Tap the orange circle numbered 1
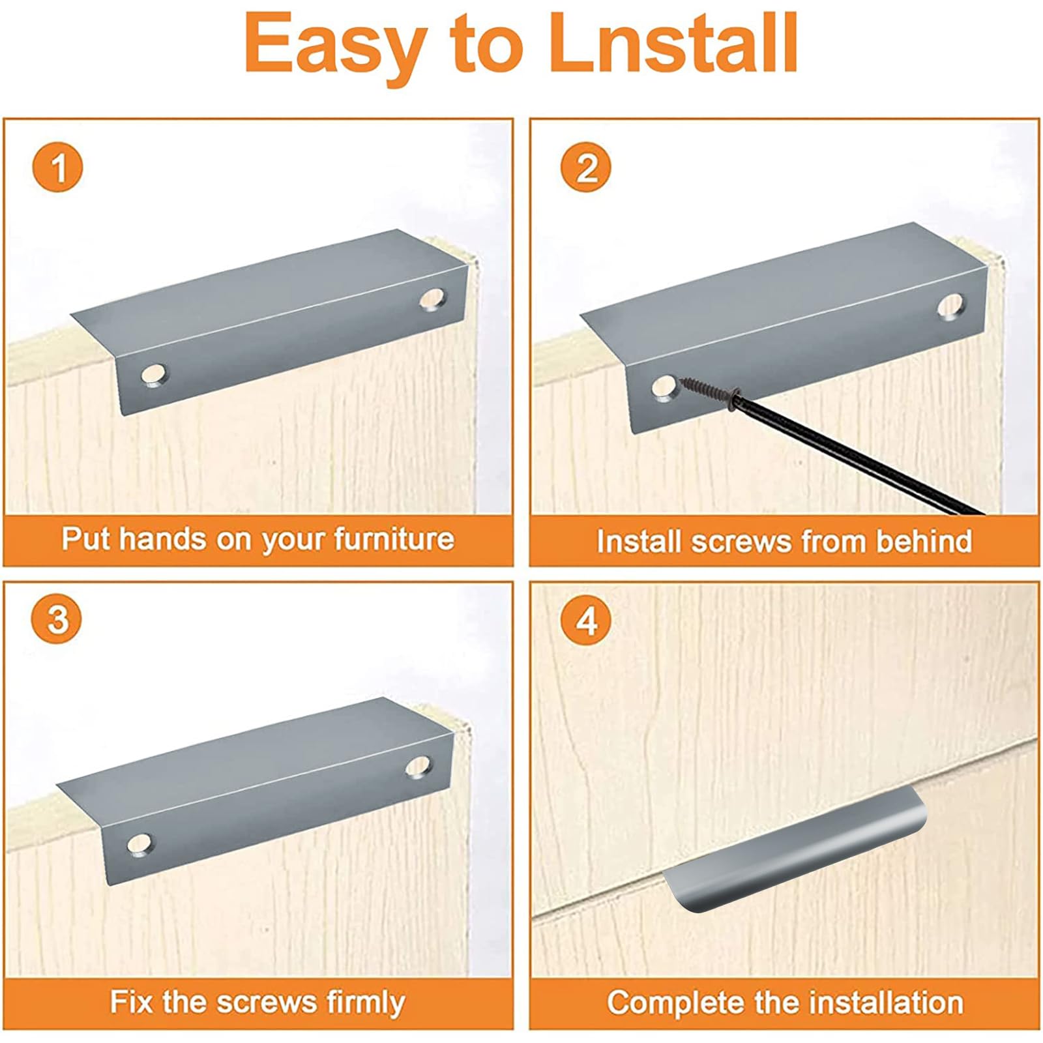(x=58, y=167)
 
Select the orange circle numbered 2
(x=586, y=167)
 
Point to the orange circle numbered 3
(x=58, y=618)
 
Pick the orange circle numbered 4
(x=586, y=620)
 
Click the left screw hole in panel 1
(x=154, y=375)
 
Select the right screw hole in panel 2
(x=950, y=306)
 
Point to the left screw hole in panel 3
(x=140, y=845)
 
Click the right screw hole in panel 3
(x=418, y=767)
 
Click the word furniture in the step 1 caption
(x=394, y=538)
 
